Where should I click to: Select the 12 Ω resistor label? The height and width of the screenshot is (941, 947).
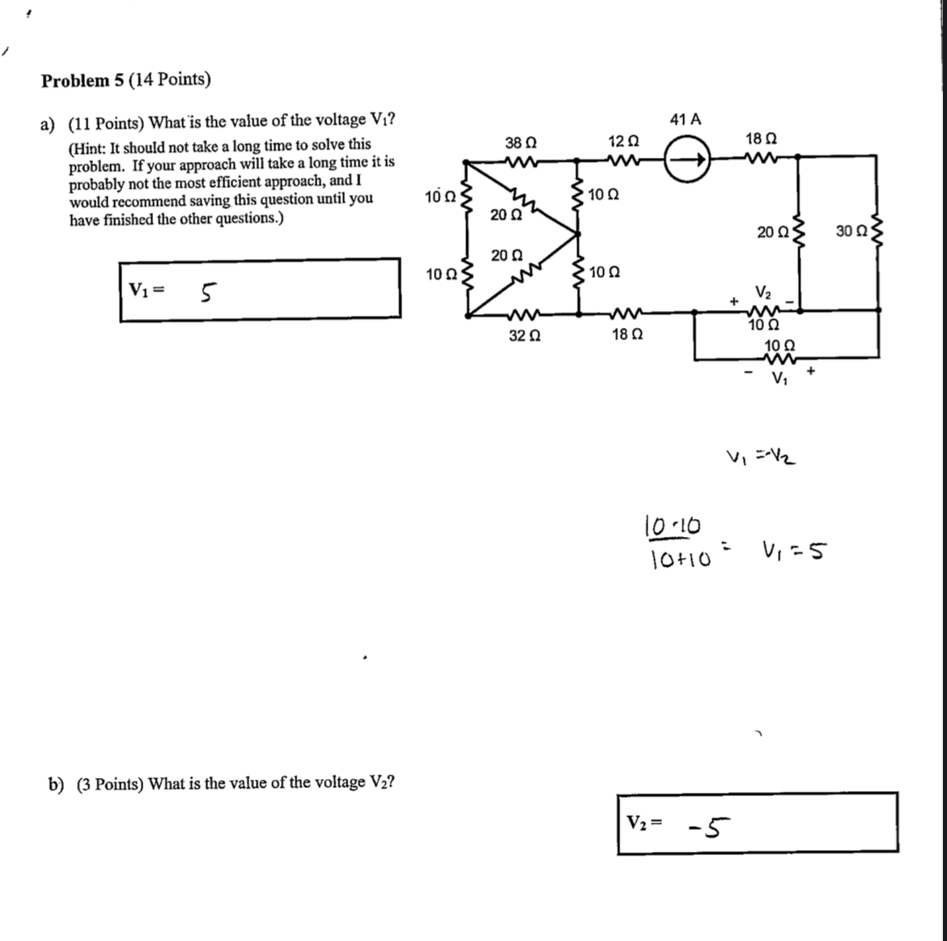(x=623, y=141)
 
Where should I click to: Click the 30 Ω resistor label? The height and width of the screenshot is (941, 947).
(x=851, y=232)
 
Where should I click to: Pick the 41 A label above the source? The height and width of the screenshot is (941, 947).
(x=686, y=120)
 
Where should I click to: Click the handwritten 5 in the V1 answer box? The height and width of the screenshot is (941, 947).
(x=207, y=291)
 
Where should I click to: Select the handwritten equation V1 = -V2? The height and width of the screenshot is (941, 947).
(x=761, y=458)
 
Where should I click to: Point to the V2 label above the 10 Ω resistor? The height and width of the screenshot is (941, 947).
(x=763, y=292)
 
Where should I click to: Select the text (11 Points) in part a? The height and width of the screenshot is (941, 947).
(x=106, y=122)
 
